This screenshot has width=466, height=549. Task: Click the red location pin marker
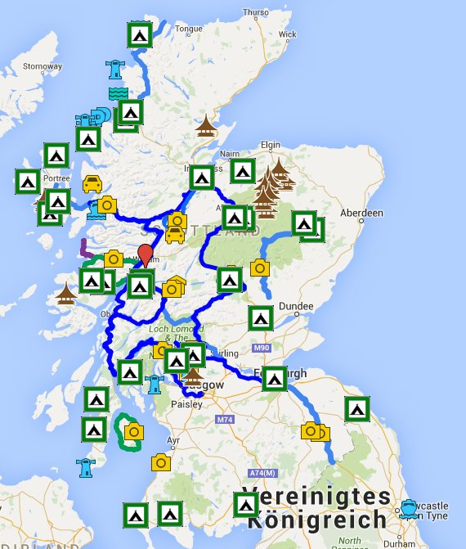tap(146, 254)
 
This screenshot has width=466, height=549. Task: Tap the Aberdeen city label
tap(362, 213)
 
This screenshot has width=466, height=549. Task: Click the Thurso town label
tap(255, 12)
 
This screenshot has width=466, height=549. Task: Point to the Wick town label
tap(288, 35)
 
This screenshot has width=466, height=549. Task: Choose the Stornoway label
tap(43, 66)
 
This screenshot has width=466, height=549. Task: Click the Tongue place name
tap(189, 29)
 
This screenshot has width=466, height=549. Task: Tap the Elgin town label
tap(270, 146)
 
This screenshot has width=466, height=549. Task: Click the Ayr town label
tap(173, 440)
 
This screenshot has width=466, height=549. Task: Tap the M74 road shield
tap(226, 420)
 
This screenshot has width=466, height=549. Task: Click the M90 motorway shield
tap(261, 349)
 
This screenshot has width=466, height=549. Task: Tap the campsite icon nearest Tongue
tap(140, 34)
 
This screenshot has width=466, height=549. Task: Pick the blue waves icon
tap(118, 94)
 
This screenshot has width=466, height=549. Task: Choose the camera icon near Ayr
tap(161, 462)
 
